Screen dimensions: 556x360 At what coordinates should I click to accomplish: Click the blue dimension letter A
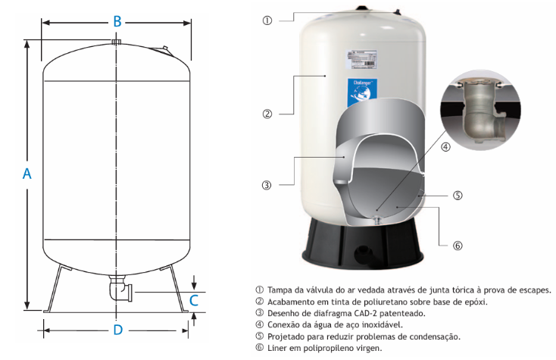(27, 174)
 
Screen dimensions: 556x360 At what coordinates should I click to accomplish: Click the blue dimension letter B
(117, 21)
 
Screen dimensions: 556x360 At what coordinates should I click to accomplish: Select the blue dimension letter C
(194, 300)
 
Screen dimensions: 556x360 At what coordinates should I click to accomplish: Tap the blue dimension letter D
(117, 330)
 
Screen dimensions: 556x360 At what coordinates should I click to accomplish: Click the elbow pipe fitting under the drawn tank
(120, 288)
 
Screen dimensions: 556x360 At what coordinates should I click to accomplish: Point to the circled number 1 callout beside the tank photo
(267, 20)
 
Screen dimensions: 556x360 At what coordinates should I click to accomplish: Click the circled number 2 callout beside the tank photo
(267, 114)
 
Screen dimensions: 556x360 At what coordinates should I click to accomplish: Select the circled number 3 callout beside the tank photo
(267, 185)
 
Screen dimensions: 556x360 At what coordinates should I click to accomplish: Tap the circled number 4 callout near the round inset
(445, 147)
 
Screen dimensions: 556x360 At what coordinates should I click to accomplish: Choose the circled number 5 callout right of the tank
(458, 196)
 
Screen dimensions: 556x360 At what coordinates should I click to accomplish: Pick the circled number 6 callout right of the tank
(458, 246)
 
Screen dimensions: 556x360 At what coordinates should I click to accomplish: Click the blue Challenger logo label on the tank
(362, 93)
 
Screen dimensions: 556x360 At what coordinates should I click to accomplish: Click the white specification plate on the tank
(361, 60)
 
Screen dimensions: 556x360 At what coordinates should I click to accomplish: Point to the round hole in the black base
(362, 253)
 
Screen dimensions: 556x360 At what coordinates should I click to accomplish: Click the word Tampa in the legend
(278, 290)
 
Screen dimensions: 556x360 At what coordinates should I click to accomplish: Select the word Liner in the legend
(276, 348)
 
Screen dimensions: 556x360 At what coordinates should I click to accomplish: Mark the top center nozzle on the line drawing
(117, 42)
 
